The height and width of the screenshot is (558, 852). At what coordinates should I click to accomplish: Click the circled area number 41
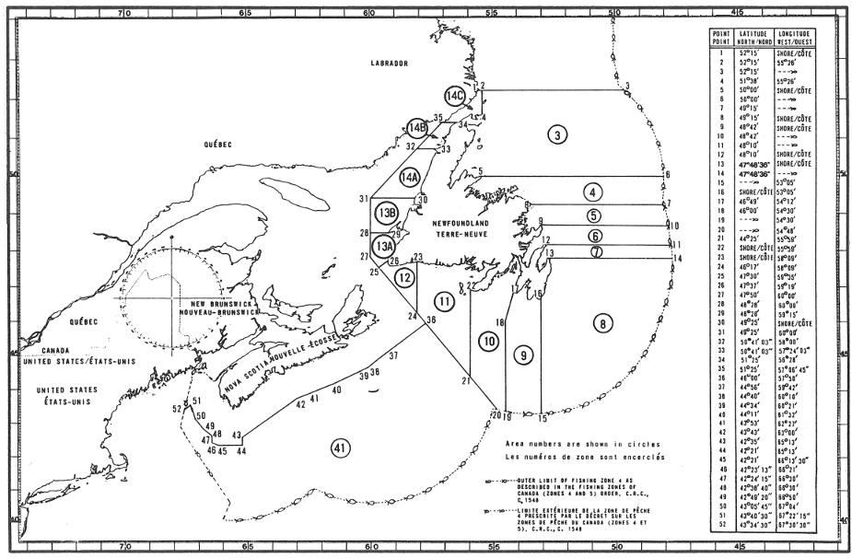point(341,448)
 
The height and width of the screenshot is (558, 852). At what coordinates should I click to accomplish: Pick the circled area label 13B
point(387,212)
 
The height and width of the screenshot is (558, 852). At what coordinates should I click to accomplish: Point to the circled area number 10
point(488,341)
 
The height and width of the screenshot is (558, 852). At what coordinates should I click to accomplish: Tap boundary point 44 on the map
point(241,451)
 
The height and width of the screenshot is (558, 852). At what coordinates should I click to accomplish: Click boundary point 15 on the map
point(543,418)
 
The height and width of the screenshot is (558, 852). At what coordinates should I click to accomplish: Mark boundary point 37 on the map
point(394,355)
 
